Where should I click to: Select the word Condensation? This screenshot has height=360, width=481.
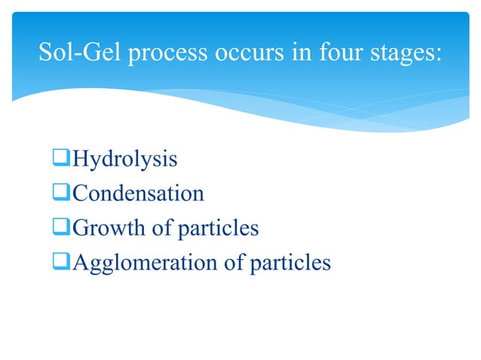[x=136, y=194]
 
